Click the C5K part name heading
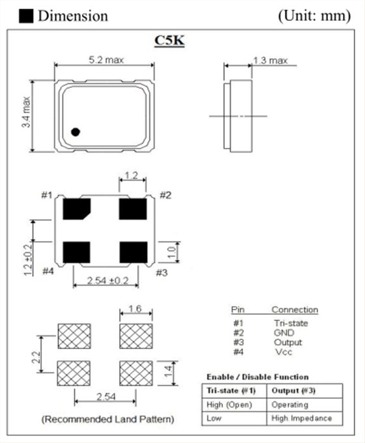pos(169,40)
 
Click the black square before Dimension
pos(27,15)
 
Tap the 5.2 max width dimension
pos(106,60)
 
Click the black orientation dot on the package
pos(76,132)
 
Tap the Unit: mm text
pos(315,16)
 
